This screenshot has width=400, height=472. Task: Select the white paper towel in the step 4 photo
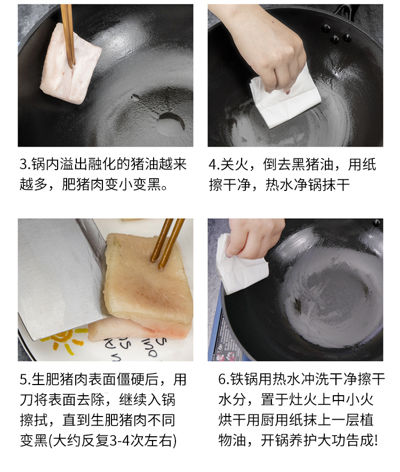tap(285, 99)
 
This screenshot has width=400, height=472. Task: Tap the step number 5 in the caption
tap(25, 380)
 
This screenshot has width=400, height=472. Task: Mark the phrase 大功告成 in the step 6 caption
tap(347, 441)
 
